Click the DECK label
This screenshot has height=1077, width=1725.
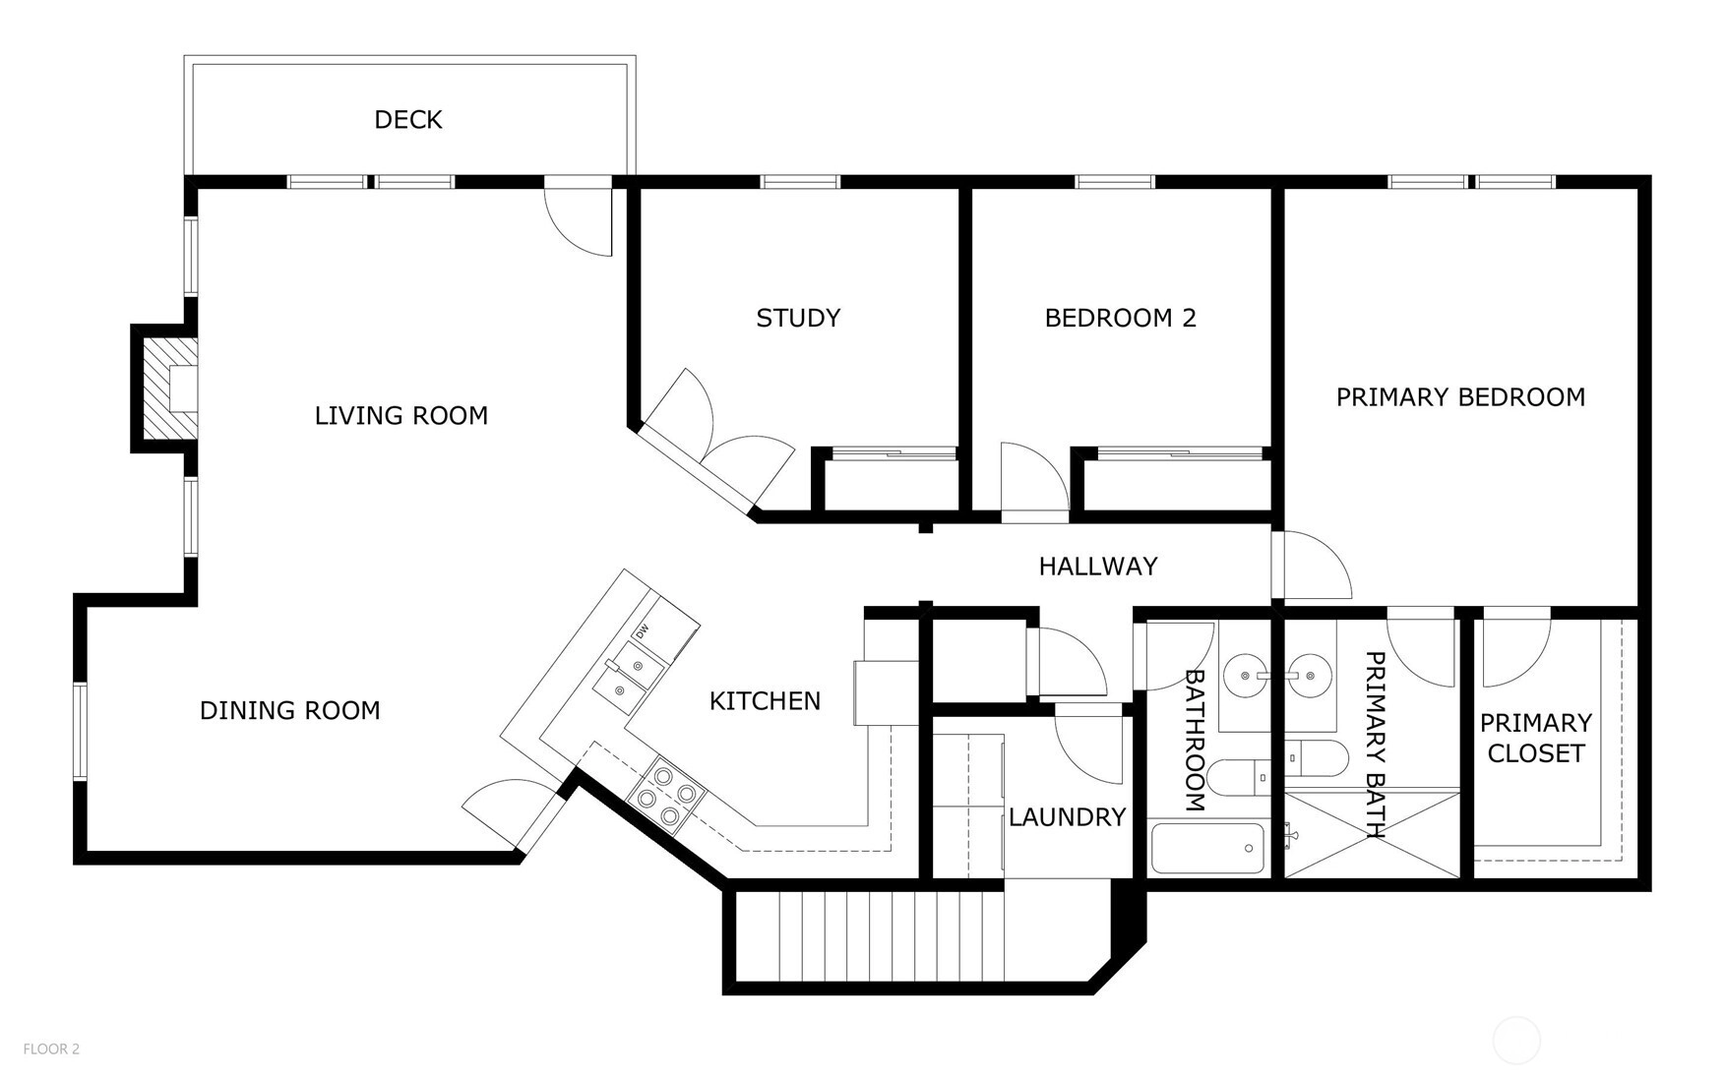(408, 120)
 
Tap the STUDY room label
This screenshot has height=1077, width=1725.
(798, 318)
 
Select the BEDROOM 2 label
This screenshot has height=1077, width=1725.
(1120, 318)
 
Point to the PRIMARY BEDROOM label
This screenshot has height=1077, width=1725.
(1460, 397)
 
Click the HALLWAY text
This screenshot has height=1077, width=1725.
(1098, 566)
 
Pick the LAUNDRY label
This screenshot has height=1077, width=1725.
(1067, 816)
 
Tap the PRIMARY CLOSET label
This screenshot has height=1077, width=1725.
(1536, 738)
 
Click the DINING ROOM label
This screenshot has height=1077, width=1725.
(290, 710)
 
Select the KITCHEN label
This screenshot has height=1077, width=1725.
(765, 700)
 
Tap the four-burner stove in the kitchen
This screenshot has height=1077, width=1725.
(666, 796)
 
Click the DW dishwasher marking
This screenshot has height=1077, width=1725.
(643, 631)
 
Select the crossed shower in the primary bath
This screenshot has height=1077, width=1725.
(1374, 834)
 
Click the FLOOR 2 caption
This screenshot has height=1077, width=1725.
(51, 1049)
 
